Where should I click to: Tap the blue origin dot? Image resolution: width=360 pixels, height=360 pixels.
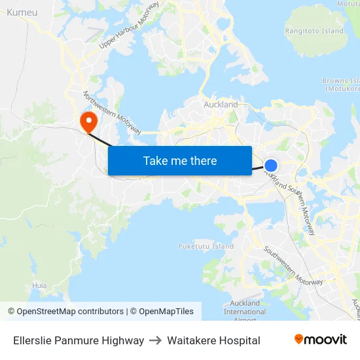tap(271, 166)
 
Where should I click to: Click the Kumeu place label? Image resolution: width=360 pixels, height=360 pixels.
tap(22, 12)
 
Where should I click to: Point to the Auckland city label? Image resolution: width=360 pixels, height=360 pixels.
tap(221, 104)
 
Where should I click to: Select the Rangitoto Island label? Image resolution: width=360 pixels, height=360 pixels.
tap(314, 31)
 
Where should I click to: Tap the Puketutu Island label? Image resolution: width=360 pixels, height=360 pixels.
tap(206, 246)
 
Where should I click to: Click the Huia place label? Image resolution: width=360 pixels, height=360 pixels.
tap(39, 285)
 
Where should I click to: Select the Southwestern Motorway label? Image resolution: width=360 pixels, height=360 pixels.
tap(293, 265)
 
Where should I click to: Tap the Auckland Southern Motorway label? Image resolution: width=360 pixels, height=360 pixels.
tap(291, 199)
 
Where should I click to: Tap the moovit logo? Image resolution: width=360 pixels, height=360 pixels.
tap(321, 339)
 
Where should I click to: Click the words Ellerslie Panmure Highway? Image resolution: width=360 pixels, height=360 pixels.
tap(79, 340)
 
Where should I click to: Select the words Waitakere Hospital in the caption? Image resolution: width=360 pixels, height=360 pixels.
tap(213, 340)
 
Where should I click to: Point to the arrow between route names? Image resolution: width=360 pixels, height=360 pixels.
tap(156, 340)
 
